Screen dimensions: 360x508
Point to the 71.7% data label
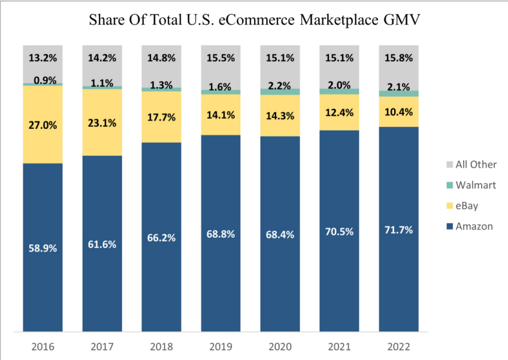[x=398, y=230]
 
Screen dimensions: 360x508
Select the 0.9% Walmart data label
[x=43, y=80]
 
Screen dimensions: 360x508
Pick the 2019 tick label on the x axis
[x=220, y=346]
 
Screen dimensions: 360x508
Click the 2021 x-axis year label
[x=339, y=346]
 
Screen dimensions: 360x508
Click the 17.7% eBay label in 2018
[x=161, y=117]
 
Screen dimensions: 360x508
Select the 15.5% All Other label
[x=220, y=59]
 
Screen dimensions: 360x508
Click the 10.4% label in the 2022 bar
[x=398, y=112]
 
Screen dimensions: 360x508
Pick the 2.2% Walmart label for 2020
[x=280, y=86]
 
